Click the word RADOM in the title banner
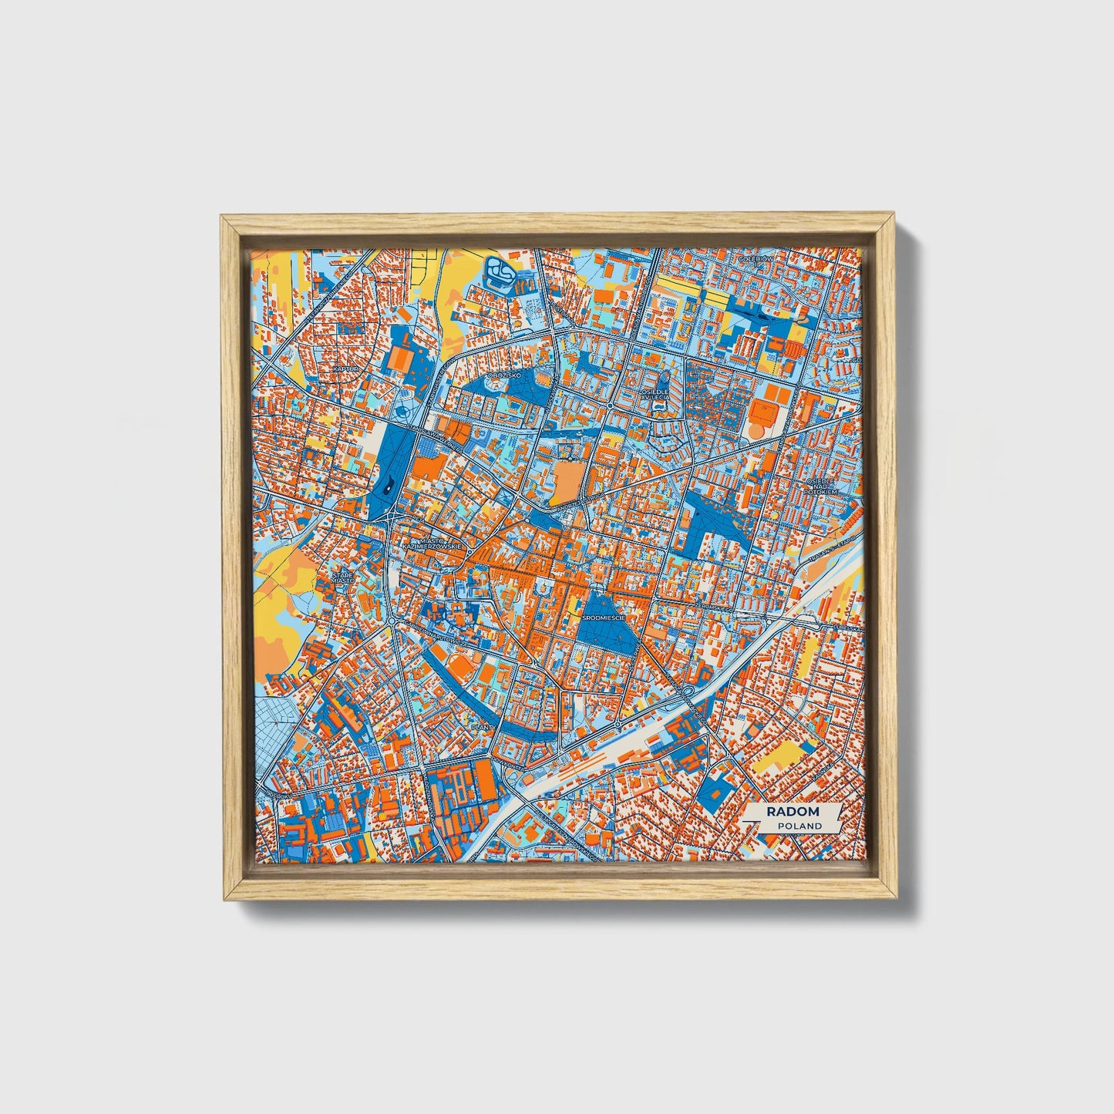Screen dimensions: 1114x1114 793,812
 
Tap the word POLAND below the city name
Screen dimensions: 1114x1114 799,826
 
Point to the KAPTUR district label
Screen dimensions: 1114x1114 346,369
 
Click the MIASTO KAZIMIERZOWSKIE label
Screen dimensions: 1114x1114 432,543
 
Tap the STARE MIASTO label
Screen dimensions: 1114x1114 343,577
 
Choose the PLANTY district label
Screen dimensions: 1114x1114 483,726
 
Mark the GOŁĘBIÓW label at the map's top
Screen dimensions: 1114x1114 754,259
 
